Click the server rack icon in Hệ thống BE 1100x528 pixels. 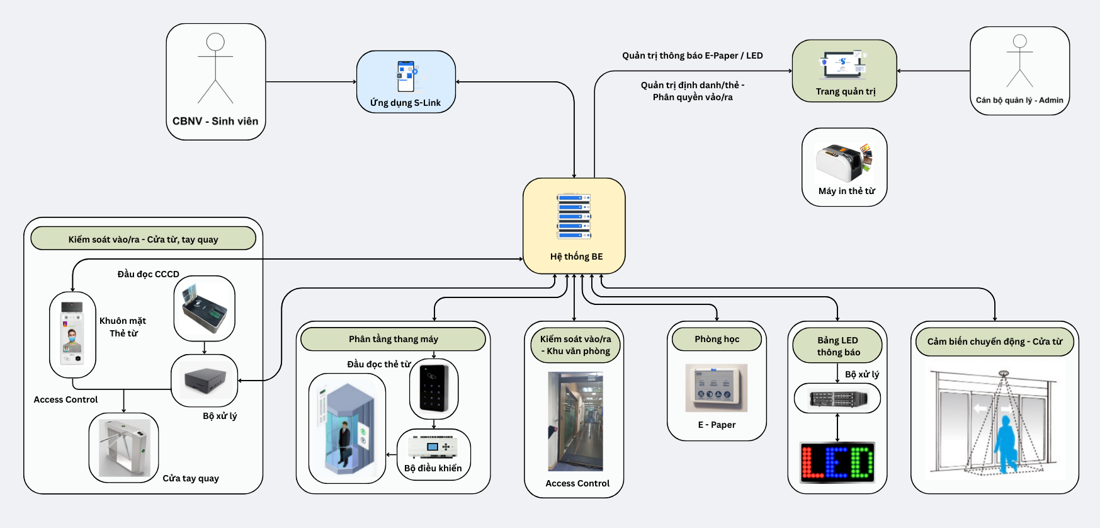point(574,216)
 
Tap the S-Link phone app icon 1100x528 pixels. point(406,76)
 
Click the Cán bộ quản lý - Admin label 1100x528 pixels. point(1019,100)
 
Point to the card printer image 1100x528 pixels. point(844,163)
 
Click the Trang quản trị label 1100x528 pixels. point(846,91)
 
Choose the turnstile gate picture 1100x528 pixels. point(124,448)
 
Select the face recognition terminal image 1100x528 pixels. point(72,334)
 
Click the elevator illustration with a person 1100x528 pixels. point(347,428)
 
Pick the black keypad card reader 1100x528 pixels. point(434,389)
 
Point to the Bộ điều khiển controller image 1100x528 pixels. point(433,447)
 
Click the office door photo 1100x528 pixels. point(576,421)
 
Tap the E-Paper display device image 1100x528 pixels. point(717,387)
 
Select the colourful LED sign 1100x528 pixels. point(837,462)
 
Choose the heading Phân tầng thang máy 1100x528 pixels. point(394,339)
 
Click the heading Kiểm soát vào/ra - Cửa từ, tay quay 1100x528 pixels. point(144,239)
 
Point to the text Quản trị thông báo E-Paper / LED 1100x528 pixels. point(693,55)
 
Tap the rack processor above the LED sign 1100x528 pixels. point(837,398)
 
